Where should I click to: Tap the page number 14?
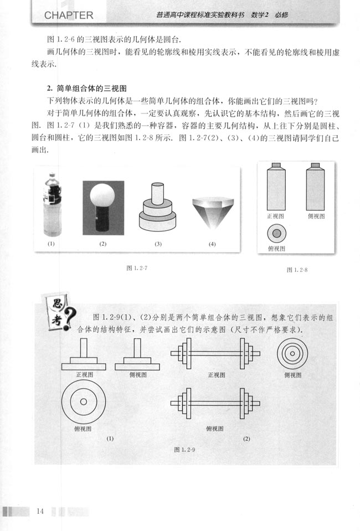(x=39, y=511)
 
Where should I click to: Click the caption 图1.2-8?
(x=297, y=270)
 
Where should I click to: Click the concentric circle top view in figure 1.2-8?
(x=275, y=233)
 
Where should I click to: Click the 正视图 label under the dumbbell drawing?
(x=216, y=375)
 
